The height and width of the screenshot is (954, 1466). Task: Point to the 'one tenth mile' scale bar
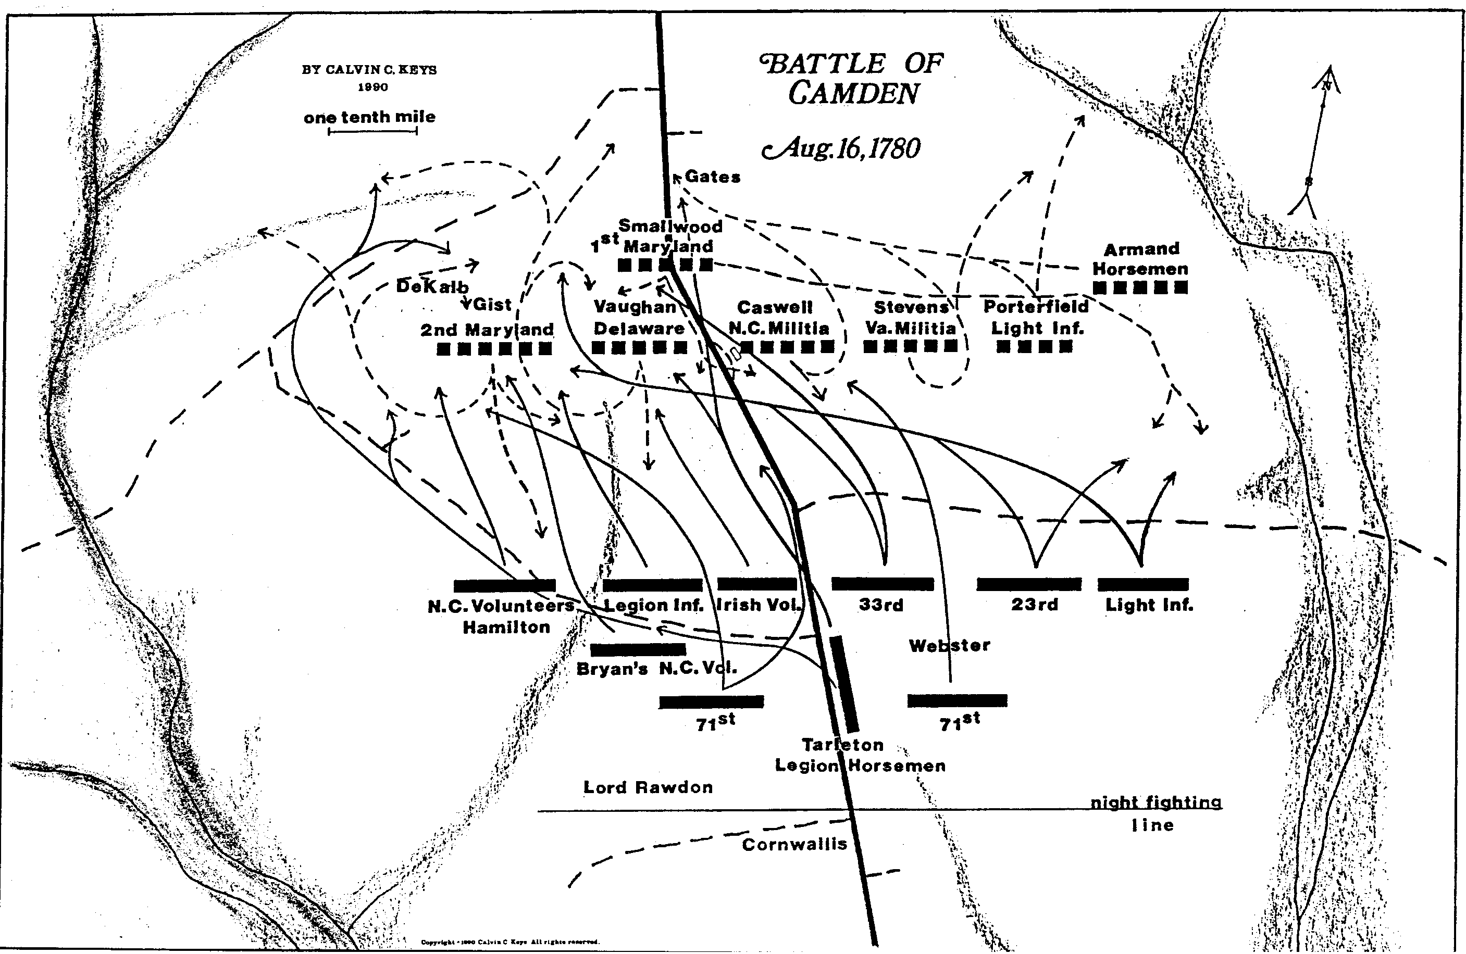372,131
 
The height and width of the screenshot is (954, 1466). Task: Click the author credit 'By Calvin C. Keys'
369,70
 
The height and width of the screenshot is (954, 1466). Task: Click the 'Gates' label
712,177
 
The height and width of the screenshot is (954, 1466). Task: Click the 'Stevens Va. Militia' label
911,317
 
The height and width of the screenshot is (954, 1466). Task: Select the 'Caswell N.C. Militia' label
778,317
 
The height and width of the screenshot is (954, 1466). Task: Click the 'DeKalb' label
432,286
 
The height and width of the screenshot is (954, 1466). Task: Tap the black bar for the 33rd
882,584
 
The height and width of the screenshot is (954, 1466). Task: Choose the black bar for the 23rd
1029,584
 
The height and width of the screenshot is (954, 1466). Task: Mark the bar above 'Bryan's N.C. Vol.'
638,649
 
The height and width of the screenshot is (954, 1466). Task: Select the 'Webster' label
949,645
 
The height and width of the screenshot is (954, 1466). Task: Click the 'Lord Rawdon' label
648,787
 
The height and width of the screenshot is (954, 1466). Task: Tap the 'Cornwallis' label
794,844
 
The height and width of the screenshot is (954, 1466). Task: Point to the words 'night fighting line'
1155,813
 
